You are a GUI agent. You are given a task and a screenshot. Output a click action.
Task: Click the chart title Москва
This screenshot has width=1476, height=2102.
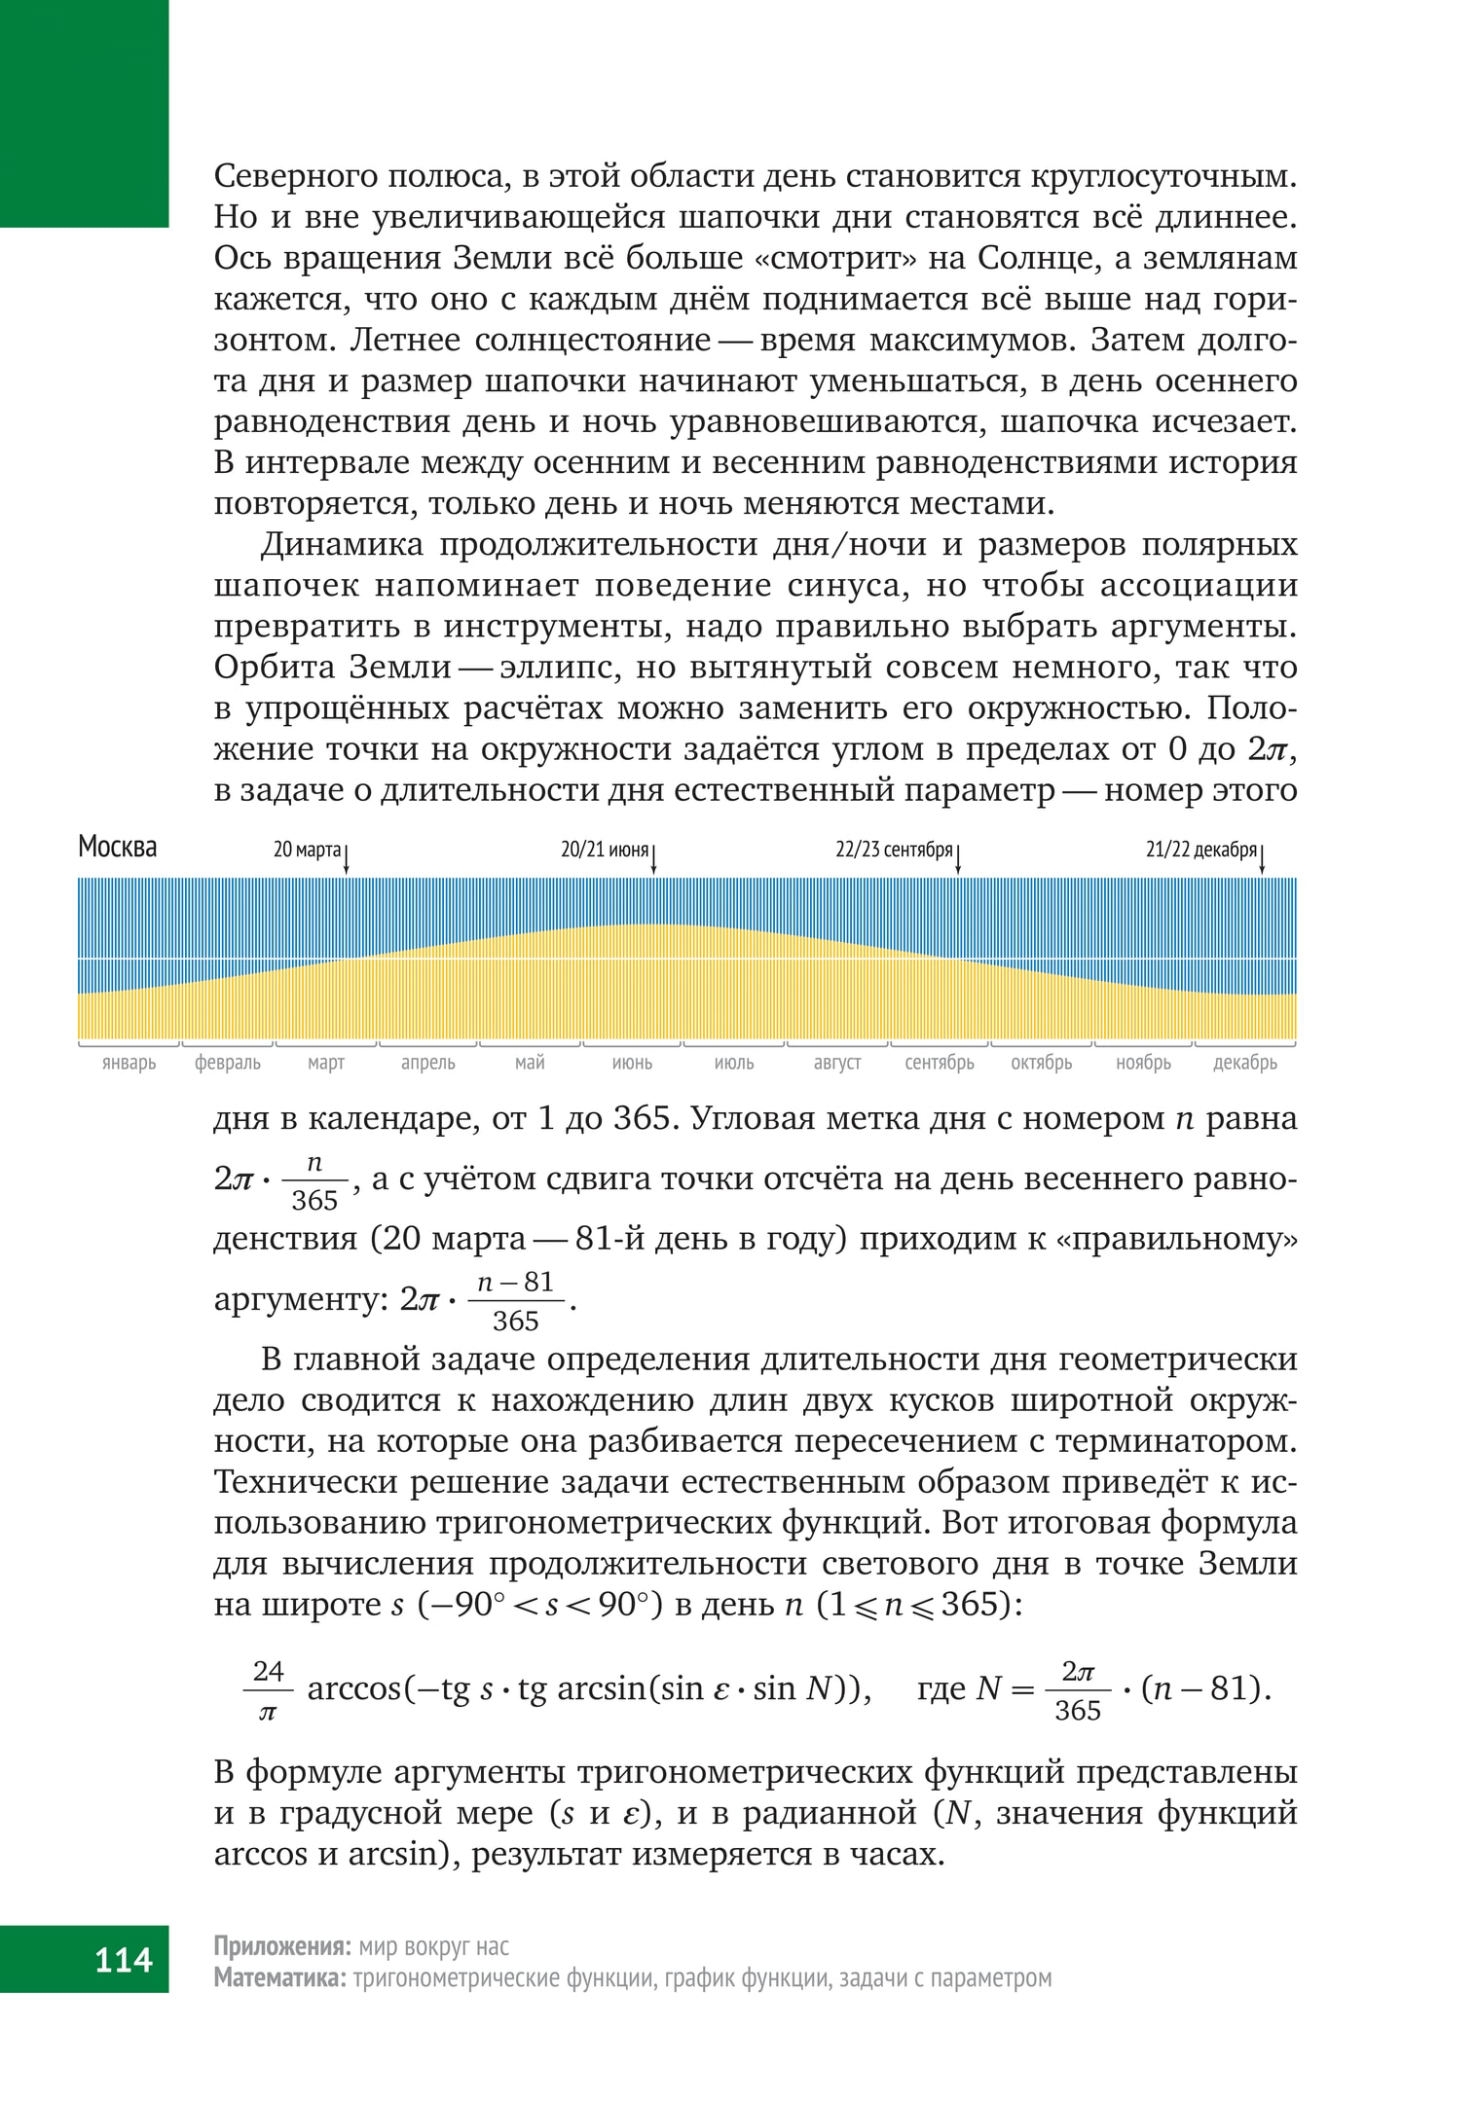117,848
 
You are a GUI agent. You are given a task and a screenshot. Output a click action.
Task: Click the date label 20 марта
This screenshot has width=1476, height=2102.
307,851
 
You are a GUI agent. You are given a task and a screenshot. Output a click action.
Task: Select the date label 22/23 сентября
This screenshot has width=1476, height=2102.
894,851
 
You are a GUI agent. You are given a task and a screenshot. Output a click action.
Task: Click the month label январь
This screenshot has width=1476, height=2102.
129,1063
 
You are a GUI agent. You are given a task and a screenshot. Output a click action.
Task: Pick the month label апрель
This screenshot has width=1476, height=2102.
428,1063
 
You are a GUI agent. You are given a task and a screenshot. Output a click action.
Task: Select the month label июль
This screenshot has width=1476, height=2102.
734,1063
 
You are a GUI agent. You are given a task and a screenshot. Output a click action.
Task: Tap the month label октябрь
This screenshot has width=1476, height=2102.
1041,1063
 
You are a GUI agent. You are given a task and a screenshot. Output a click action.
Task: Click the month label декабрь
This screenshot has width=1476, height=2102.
1244,1063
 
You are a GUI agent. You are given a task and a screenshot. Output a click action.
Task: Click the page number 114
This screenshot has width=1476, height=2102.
124,1959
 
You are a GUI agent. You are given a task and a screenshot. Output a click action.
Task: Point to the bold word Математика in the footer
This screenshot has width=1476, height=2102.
278,1977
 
